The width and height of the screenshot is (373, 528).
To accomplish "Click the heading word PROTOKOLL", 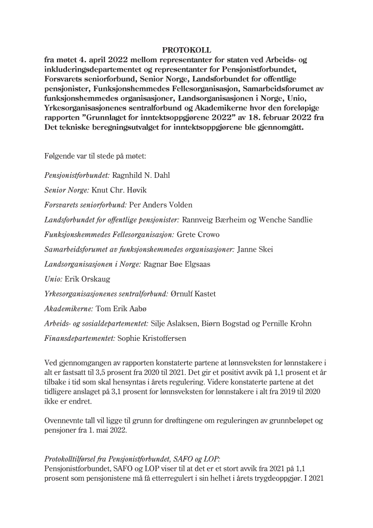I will pyautogui.click(x=187, y=50).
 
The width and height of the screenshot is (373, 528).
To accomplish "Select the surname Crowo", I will pyautogui.click(x=208, y=234).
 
